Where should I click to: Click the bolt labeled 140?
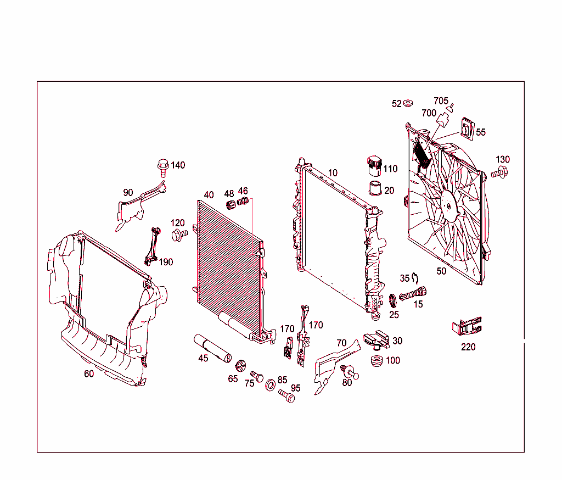(162, 165)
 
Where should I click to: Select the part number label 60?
(89, 374)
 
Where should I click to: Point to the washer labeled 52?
(408, 103)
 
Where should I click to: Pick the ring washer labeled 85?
(271, 385)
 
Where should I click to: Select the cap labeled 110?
(375, 164)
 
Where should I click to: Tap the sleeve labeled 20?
(375, 188)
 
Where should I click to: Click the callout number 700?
(429, 114)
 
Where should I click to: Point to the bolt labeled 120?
(179, 235)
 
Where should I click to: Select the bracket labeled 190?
(152, 245)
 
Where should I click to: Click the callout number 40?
(209, 195)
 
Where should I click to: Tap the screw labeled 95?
(286, 395)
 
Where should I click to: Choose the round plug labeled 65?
(240, 366)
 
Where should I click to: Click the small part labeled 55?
(467, 129)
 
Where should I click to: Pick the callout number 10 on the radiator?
(333, 173)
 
